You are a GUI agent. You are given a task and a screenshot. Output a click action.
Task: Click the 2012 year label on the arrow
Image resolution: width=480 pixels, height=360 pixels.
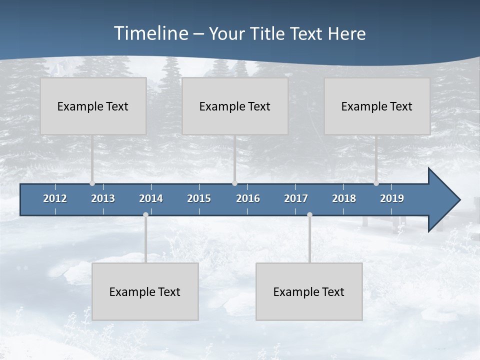55,198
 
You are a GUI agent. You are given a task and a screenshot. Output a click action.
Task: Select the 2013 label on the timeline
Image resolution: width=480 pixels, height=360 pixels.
103,198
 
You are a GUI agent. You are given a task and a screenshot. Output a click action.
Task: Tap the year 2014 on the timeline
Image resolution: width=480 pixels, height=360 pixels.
151,198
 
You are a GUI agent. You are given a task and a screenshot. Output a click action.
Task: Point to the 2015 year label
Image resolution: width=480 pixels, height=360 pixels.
199,198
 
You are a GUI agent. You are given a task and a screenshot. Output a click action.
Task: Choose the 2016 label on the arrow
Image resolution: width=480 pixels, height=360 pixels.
248,198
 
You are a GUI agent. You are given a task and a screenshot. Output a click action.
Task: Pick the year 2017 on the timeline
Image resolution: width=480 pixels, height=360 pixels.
296,198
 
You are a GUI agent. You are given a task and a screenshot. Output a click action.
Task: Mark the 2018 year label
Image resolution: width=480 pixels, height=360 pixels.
344,198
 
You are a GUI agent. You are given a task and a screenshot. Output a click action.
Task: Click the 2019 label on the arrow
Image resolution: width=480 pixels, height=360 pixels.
392,198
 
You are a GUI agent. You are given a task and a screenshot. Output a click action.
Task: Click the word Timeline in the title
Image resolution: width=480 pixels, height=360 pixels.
151,33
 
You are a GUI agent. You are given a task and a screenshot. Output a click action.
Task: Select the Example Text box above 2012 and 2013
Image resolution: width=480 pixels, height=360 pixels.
93,106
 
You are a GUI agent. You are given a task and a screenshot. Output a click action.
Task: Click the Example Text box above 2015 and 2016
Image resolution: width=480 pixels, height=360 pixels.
235,106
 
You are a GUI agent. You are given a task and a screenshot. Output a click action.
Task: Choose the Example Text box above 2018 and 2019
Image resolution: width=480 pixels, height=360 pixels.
377,106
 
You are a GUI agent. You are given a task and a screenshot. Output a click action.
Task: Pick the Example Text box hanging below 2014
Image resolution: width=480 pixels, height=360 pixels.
145,291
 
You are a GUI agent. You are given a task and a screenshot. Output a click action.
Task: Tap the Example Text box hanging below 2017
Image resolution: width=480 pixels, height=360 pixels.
309,291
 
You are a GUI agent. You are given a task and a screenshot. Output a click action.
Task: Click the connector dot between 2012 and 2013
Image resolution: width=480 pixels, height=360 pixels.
92,183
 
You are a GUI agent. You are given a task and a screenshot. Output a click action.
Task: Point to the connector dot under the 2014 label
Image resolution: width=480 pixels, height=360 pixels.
145,214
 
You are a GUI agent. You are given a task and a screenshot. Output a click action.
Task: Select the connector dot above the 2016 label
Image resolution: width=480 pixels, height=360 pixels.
234,183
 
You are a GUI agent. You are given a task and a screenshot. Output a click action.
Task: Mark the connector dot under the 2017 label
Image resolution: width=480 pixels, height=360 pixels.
309,214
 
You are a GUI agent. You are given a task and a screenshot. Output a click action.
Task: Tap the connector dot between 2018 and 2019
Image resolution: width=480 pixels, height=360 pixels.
376,183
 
